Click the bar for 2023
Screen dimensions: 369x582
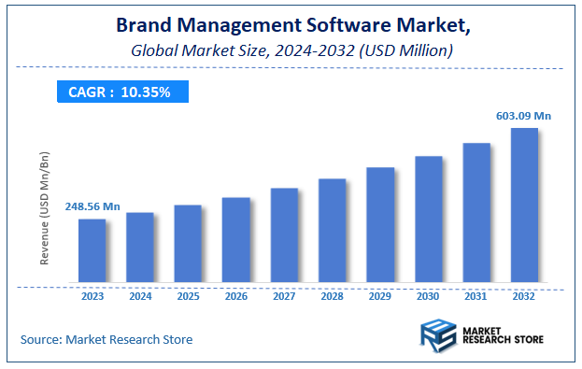92,250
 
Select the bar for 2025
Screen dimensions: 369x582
188,243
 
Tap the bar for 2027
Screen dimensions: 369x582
284,234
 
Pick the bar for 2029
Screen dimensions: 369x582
380,224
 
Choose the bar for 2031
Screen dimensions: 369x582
476,212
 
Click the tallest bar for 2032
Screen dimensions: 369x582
524,205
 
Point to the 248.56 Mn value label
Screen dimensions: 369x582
92,206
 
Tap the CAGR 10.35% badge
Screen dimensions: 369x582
120,92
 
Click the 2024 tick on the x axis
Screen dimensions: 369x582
140,297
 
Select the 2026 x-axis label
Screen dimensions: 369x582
236,297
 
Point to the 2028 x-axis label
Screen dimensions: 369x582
333,297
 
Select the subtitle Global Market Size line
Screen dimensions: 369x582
291,50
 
